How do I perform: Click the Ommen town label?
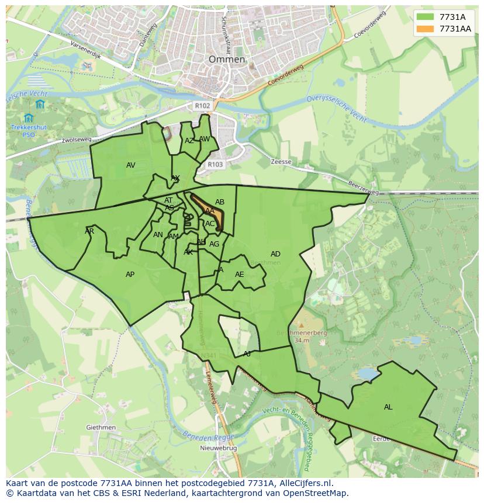click(227, 60)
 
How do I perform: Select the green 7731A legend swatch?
click(426, 17)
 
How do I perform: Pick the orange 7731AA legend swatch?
click(426, 29)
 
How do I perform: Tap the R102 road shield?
click(202, 106)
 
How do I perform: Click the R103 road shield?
click(215, 165)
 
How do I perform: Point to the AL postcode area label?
click(388, 407)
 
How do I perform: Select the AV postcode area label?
click(131, 165)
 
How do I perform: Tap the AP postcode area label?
click(130, 275)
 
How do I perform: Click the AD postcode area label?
click(275, 254)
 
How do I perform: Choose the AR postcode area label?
click(89, 231)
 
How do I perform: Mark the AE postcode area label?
click(239, 275)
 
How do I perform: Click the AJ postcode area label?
click(247, 354)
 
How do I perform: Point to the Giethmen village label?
click(101, 428)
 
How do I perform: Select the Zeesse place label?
click(281, 162)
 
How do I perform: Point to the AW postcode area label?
click(204, 139)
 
